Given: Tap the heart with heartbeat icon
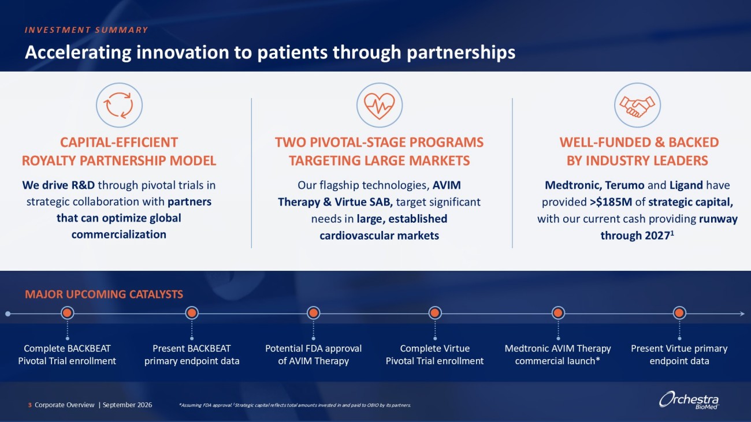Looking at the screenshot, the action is [379, 106].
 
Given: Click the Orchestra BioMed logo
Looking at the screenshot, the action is [689, 400].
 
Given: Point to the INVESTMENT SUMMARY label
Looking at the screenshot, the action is [86, 30].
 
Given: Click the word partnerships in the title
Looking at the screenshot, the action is [461, 53].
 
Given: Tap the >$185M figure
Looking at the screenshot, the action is [611, 202].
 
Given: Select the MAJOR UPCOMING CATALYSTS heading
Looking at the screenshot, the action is [104, 294].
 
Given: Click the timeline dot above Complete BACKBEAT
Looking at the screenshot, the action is [67, 313].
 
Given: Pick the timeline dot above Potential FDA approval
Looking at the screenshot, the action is [313, 313].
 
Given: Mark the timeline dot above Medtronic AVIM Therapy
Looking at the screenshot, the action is [558, 313].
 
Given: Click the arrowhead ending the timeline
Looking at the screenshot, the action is [742, 314].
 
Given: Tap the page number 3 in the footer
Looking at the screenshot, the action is [30, 405].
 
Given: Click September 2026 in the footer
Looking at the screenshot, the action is [128, 405].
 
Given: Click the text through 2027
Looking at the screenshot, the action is [637, 235].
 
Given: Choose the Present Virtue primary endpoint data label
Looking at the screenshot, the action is [679, 354].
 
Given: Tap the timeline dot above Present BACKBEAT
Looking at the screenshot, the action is [191, 313].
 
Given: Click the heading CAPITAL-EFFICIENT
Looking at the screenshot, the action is [118, 143].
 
